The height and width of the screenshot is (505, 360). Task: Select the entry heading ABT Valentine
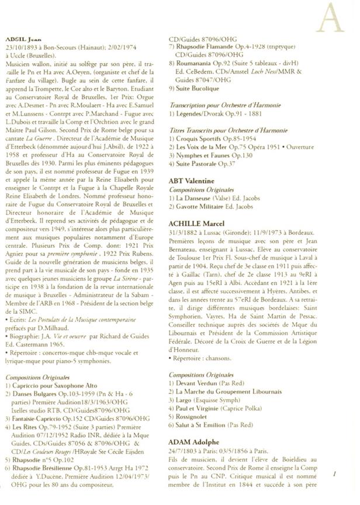(x=192, y=181)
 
